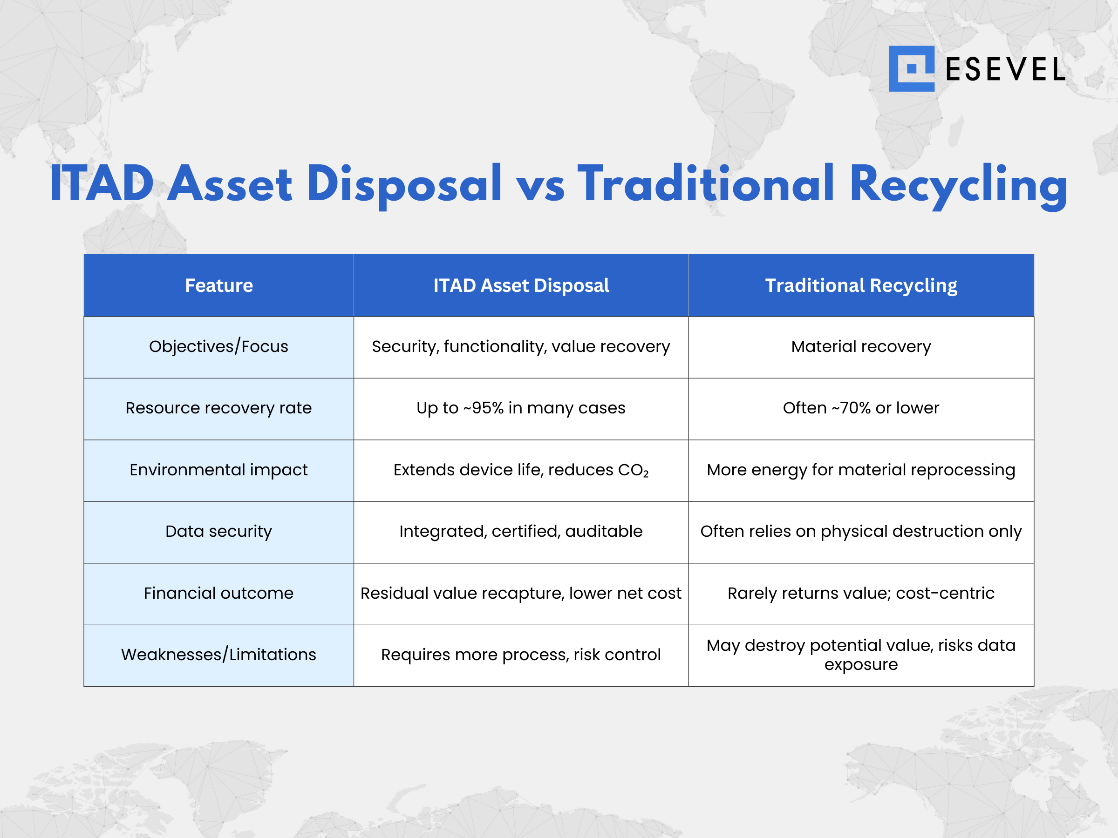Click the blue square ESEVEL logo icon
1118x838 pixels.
(x=911, y=69)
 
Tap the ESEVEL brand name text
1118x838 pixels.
(x=1005, y=70)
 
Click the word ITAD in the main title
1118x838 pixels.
(x=101, y=184)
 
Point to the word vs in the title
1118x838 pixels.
(x=539, y=186)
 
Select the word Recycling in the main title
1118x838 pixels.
(x=958, y=186)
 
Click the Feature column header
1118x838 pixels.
(x=219, y=285)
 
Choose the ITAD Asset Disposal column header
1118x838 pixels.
(x=521, y=285)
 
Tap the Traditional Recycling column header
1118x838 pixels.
(x=861, y=285)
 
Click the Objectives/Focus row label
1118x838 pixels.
(x=218, y=346)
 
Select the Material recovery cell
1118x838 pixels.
(x=861, y=346)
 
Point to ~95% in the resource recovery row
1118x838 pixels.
(x=483, y=408)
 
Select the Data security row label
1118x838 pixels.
(x=218, y=531)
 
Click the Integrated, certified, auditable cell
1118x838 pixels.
(x=521, y=531)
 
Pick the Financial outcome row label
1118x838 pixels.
(x=218, y=593)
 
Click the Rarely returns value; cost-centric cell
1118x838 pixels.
(x=861, y=593)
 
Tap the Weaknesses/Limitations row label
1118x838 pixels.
(x=218, y=655)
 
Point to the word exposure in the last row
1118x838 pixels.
(x=861, y=665)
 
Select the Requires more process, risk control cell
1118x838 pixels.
(x=521, y=655)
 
